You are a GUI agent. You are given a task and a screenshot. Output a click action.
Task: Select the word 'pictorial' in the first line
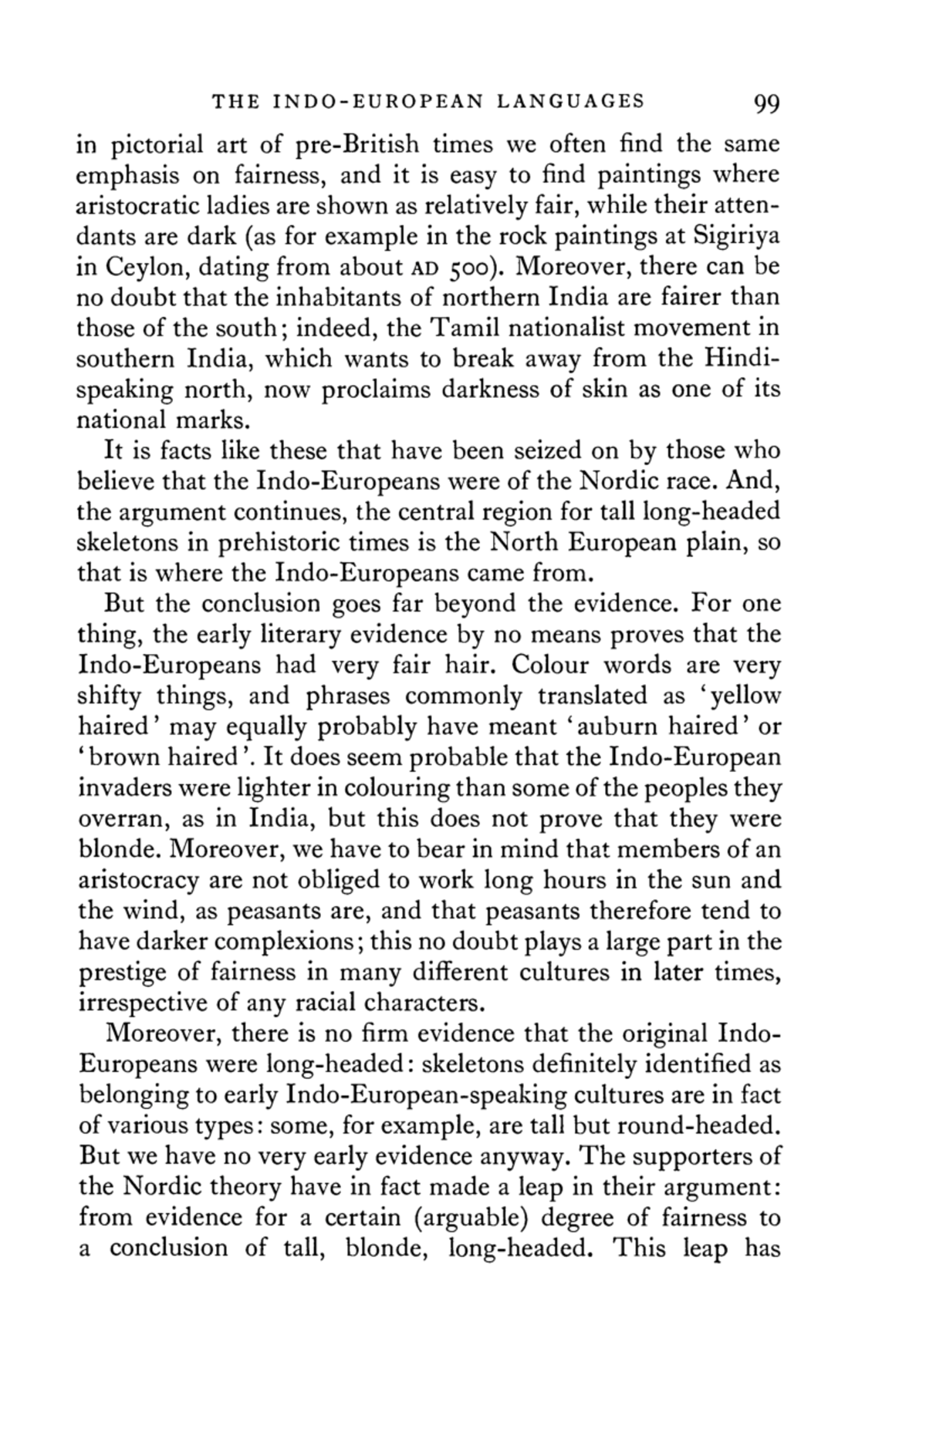point(159,145)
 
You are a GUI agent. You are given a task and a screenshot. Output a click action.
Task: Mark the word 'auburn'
point(621,727)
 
